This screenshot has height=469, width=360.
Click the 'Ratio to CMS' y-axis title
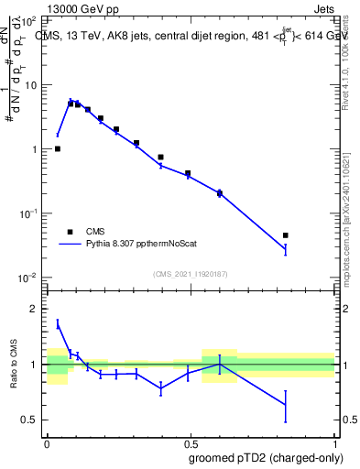[14, 364]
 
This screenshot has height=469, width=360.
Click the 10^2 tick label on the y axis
[28, 20]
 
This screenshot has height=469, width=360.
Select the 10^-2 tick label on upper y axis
[28, 278]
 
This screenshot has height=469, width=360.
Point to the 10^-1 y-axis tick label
[28, 213]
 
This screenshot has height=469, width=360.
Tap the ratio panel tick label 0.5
[29, 420]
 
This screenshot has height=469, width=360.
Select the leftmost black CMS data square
[57, 148]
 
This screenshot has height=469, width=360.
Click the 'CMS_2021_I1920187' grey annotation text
[191, 273]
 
